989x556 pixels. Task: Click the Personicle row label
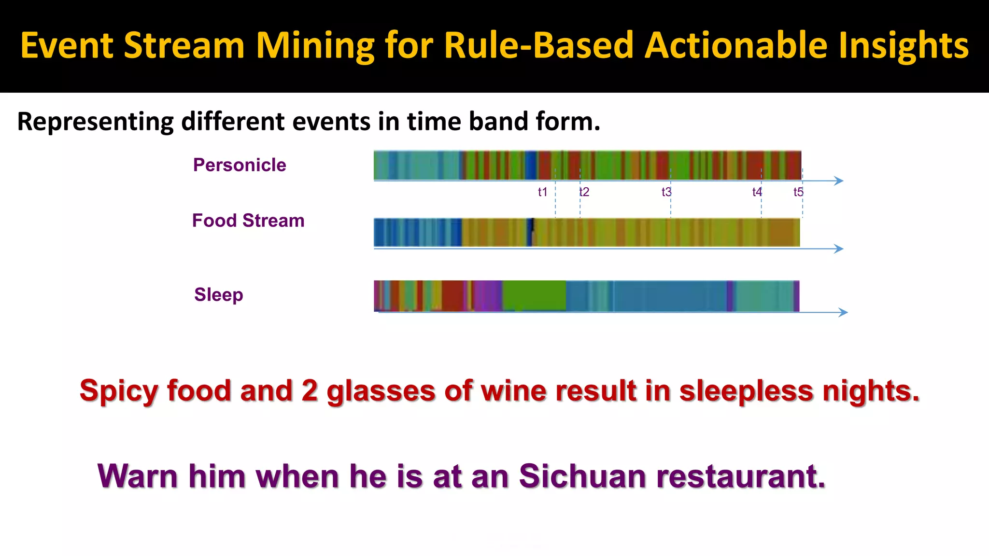[240, 165]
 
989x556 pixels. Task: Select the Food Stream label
[248, 221]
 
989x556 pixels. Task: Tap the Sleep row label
[218, 294]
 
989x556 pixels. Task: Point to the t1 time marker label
[542, 192]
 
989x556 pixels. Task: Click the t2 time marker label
[584, 192]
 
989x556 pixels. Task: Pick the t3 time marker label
[666, 192]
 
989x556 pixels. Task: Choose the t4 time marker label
[757, 192]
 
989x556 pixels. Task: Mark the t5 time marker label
[798, 192]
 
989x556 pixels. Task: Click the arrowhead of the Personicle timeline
[839, 181]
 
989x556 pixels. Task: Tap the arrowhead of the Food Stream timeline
[839, 249]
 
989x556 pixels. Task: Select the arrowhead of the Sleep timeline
[844, 312]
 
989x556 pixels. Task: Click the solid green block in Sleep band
[534, 295]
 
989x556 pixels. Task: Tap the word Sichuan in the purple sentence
[582, 476]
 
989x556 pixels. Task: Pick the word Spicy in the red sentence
[118, 391]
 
